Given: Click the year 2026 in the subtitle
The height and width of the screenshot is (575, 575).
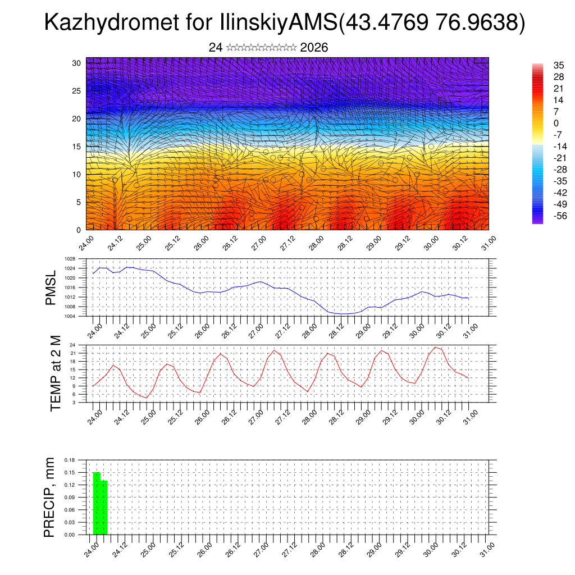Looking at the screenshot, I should [x=314, y=48].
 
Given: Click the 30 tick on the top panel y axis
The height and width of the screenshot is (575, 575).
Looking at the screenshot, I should [x=77, y=63].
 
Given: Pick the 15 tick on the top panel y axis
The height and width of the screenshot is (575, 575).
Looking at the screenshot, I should [x=77, y=147].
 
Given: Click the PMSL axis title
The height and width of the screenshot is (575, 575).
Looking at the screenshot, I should [x=51, y=287].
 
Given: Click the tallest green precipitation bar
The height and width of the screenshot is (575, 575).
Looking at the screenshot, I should [x=97, y=504].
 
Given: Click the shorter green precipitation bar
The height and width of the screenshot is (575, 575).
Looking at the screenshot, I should [x=103, y=508].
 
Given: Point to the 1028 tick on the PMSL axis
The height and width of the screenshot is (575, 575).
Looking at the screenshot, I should [x=70, y=259].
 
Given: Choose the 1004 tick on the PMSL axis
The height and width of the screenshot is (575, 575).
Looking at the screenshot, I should [x=70, y=316].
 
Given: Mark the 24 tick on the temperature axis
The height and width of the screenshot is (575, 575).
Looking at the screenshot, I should [x=72, y=345].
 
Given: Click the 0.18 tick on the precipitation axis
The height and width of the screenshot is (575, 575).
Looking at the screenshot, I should [x=70, y=460].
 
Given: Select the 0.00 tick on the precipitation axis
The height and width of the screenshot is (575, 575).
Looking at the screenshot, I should [x=70, y=535].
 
